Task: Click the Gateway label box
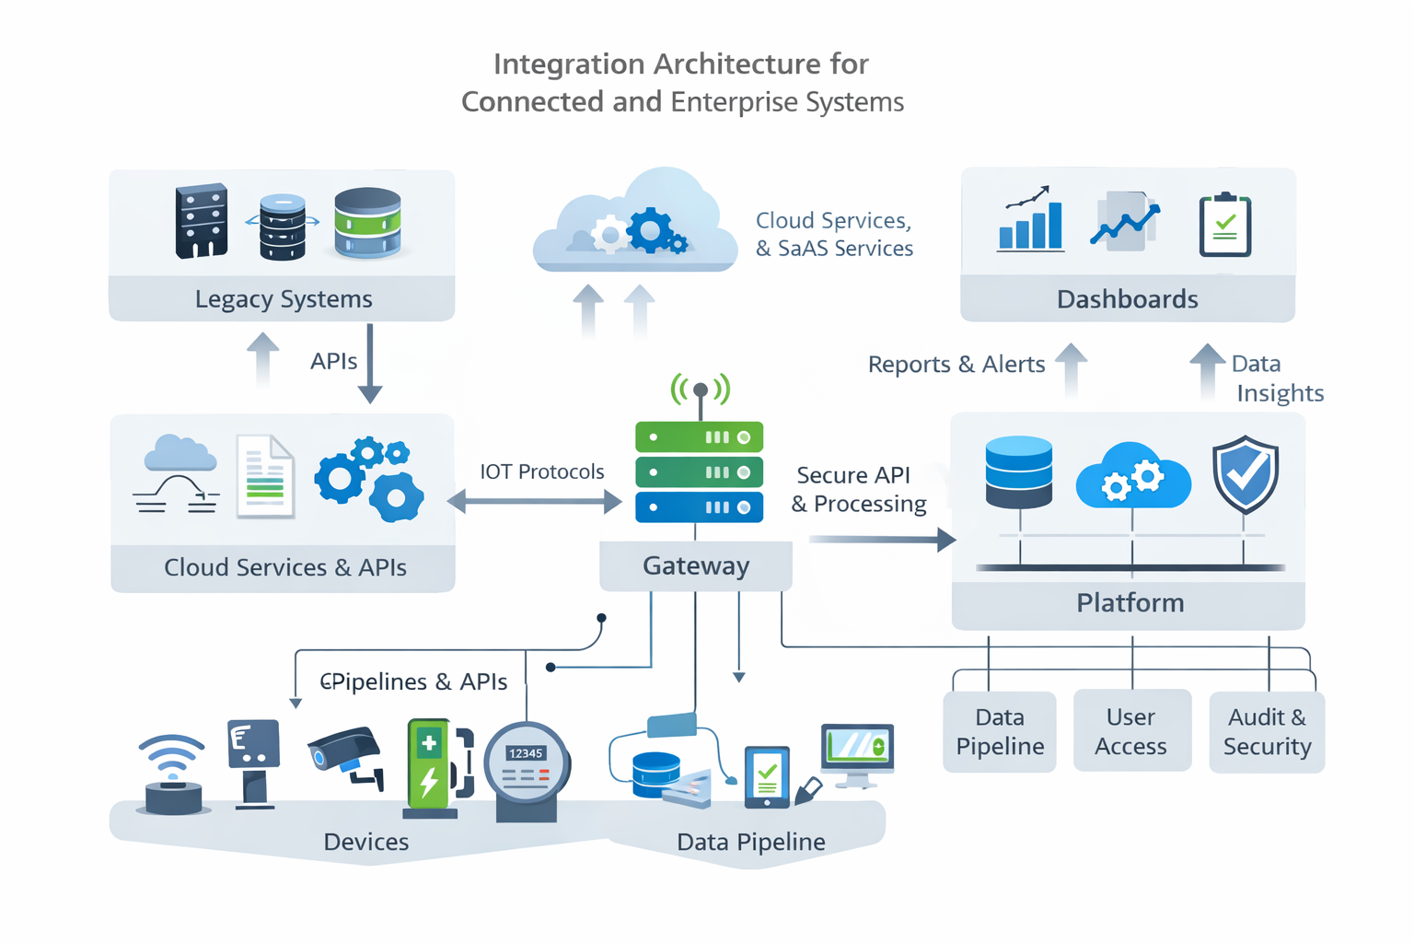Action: point(695,565)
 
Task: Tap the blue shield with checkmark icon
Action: point(1245,474)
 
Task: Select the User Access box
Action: point(1131,731)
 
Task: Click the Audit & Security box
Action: point(1267,731)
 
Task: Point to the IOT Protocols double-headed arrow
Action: point(535,502)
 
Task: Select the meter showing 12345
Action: point(527,769)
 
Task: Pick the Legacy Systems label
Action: point(283,299)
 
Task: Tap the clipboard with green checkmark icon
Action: point(1224,225)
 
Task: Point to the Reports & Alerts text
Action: point(956,365)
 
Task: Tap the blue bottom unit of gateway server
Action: point(699,507)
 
